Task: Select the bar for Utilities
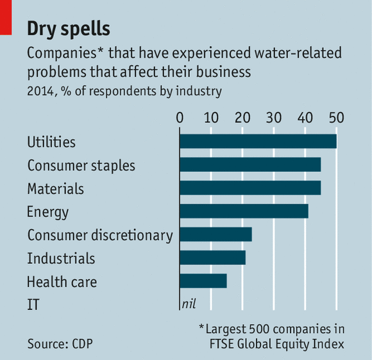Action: click(258, 141)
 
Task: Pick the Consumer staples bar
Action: click(250, 165)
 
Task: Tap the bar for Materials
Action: click(250, 188)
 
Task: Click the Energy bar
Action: click(244, 211)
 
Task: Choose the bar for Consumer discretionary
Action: click(216, 234)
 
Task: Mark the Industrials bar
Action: click(212, 258)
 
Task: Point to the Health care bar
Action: click(203, 281)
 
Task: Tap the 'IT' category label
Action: click(33, 304)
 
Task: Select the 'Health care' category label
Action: click(58, 281)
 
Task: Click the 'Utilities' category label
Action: click(51, 142)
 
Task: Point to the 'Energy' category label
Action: click(47, 211)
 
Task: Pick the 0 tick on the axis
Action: click(180, 118)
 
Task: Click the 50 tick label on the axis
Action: click(336, 118)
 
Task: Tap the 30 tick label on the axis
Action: click(273, 118)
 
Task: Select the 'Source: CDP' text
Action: click(60, 344)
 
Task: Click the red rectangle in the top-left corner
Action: click(6, 17)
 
